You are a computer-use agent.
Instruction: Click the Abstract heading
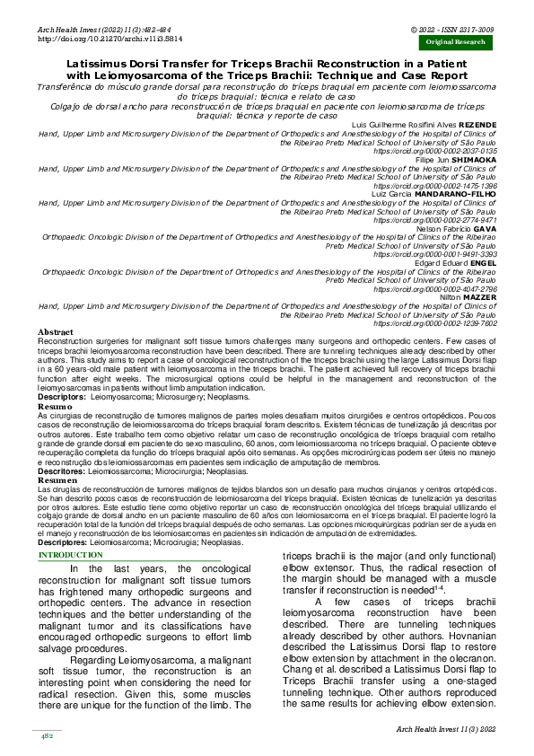(x=56, y=332)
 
